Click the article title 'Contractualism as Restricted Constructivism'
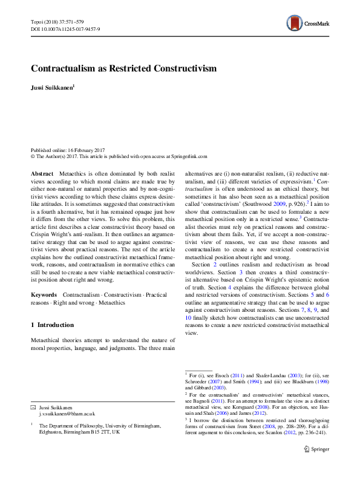click(x=123, y=68)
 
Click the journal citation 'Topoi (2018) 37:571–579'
click(x=57, y=21)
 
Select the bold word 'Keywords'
click(x=44, y=277)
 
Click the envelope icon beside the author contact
click(x=33, y=407)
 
